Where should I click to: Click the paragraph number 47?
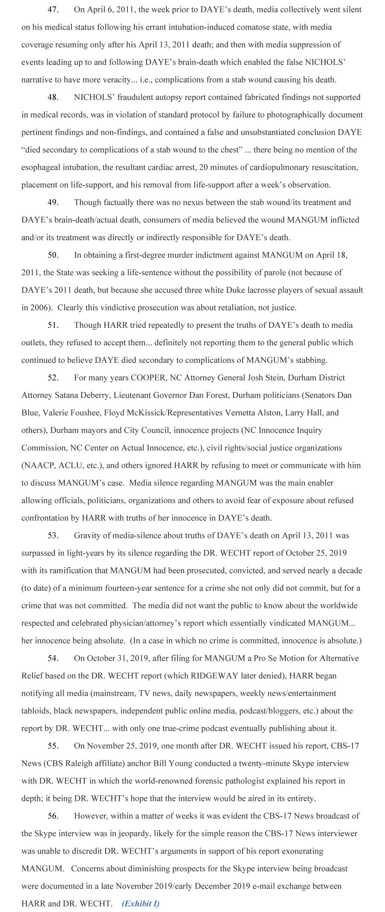tap(53, 9)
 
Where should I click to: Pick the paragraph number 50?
tap(53, 255)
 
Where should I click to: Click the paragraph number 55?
tap(53, 745)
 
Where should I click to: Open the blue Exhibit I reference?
tap(140, 903)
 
